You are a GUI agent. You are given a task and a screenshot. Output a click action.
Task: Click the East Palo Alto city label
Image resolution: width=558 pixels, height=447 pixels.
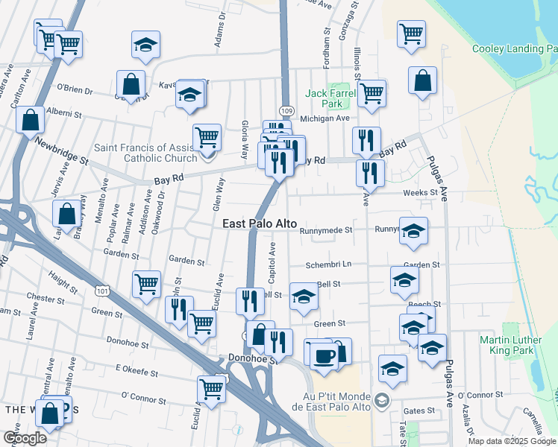pos(260,223)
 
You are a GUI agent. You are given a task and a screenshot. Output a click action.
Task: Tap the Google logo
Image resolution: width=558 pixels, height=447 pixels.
pos(24,437)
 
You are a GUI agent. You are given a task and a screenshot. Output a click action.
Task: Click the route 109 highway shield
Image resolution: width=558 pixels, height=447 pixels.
pos(285,110)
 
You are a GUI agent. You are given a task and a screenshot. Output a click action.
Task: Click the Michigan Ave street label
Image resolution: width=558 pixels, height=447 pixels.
pos(325,118)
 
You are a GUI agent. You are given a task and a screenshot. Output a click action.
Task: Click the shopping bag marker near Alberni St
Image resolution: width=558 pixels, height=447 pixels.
pos(30,120)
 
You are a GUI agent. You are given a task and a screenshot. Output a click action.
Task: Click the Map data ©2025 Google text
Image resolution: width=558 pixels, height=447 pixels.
pos(511,441)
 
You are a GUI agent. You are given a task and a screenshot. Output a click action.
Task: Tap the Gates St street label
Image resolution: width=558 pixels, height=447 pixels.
pos(418,410)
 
